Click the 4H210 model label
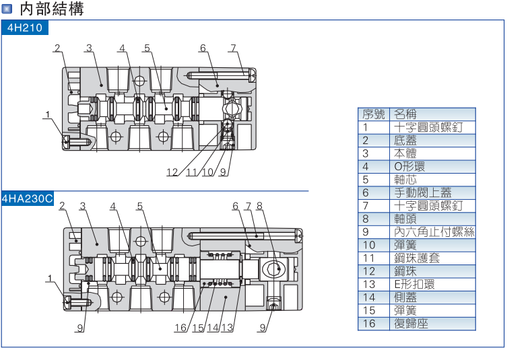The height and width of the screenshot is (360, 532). pyautogui.click(x=24, y=28)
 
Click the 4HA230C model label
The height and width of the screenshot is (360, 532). pyautogui.click(x=28, y=199)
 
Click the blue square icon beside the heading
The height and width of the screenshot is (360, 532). pyautogui.click(x=7, y=9)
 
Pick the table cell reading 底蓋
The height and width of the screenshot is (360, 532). pyautogui.click(x=405, y=141)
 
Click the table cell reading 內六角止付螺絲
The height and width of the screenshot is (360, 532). pyautogui.click(x=434, y=232)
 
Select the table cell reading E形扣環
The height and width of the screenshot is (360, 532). pyautogui.click(x=414, y=285)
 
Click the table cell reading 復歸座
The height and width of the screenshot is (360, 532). pyautogui.click(x=411, y=324)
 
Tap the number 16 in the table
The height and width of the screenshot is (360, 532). pyautogui.click(x=368, y=324)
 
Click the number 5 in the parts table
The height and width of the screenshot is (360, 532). pyautogui.click(x=366, y=180)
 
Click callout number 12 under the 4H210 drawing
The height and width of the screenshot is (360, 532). pyautogui.click(x=173, y=172)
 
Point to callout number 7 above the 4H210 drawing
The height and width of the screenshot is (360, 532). pyautogui.click(x=233, y=48)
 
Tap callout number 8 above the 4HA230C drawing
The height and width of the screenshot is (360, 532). pyautogui.click(x=259, y=206)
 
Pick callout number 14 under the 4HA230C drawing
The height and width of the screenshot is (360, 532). pyautogui.click(x=213, y=328)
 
